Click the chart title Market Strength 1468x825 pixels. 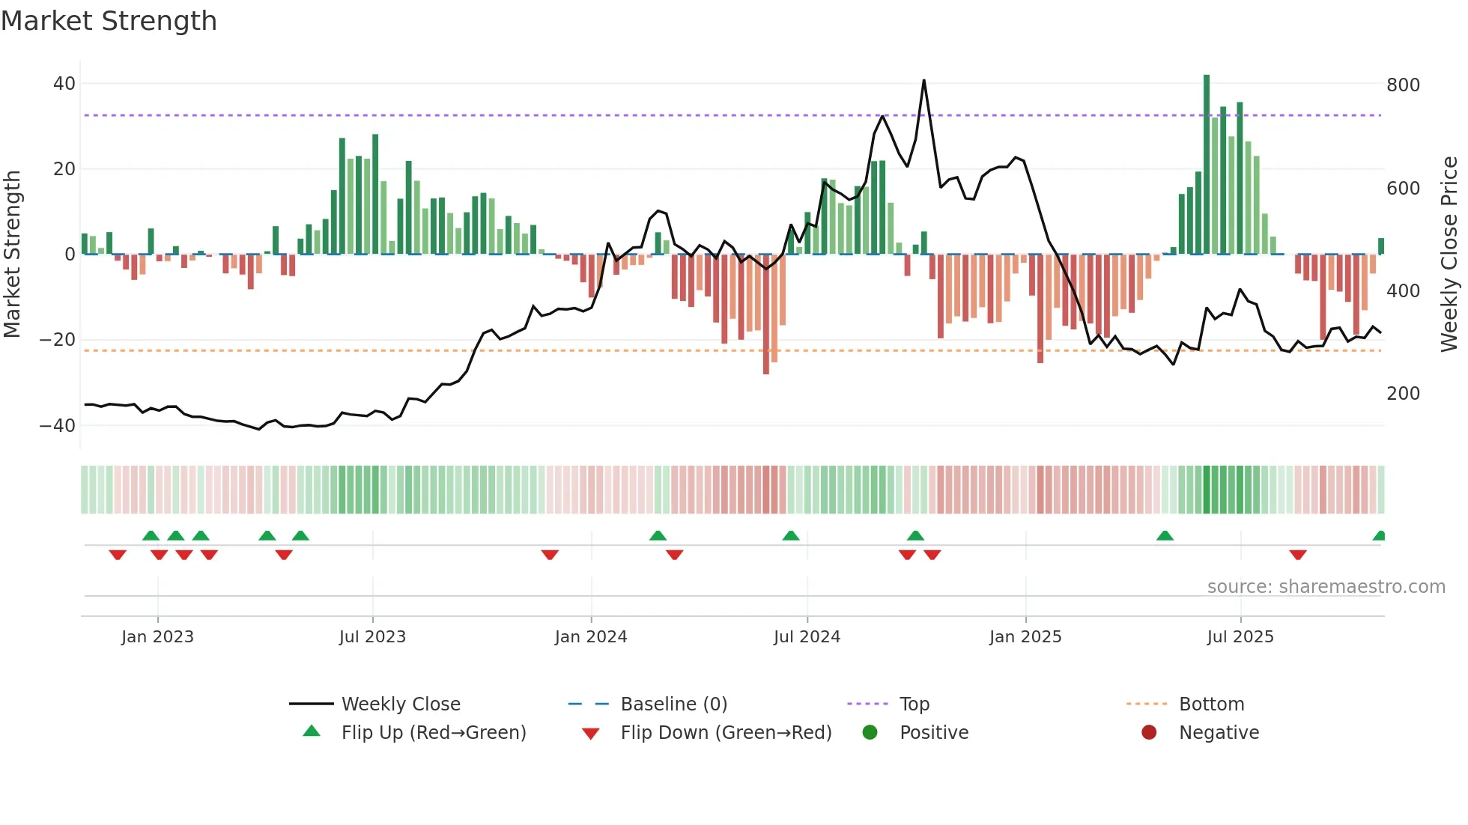pyautogui.click(x=109, y=21)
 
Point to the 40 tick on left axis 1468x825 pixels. pyautogui.click(x=64, y=84)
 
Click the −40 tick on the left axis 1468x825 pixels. pyautogui.click(x=58, y=426)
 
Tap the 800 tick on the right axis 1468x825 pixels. pyautogui.click(x=1403, y=85)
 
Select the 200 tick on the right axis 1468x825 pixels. pyautogui.click(x=1403, y=394)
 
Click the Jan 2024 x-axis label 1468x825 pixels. pyautogui.click(x=590, y=637)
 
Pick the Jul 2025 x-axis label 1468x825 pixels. pyautogui.click(x=1240, y=637)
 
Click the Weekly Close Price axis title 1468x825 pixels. pyautogui.click(x=1449, y=255)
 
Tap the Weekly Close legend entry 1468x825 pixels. pyautogui.click(x=400, y=704)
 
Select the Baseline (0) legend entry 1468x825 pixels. pyautogui.click(x=673, y=704)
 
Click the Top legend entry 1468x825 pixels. pyautogui.click(x=914, y=704)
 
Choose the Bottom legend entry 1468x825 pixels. pyautogui.click(x=1211, y=704)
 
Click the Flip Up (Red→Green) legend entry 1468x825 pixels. pyautogui.click(x=433, y=733)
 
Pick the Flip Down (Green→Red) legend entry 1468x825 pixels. pyautogui.click(x=725, y=733)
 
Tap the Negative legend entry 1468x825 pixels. pyautogui.click(x=1218, y=733)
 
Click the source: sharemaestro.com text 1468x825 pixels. pyautogui.click(x=1326, y=587)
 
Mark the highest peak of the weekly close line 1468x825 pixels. pyautogui.click(x=923, y=81)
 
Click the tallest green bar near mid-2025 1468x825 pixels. pyautogui.click(x=1207, y=165)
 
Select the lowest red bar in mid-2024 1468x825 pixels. pyautogui.click(x=765, y=314)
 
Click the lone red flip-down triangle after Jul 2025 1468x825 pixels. pyautogui.click(x=1298, y=555)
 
